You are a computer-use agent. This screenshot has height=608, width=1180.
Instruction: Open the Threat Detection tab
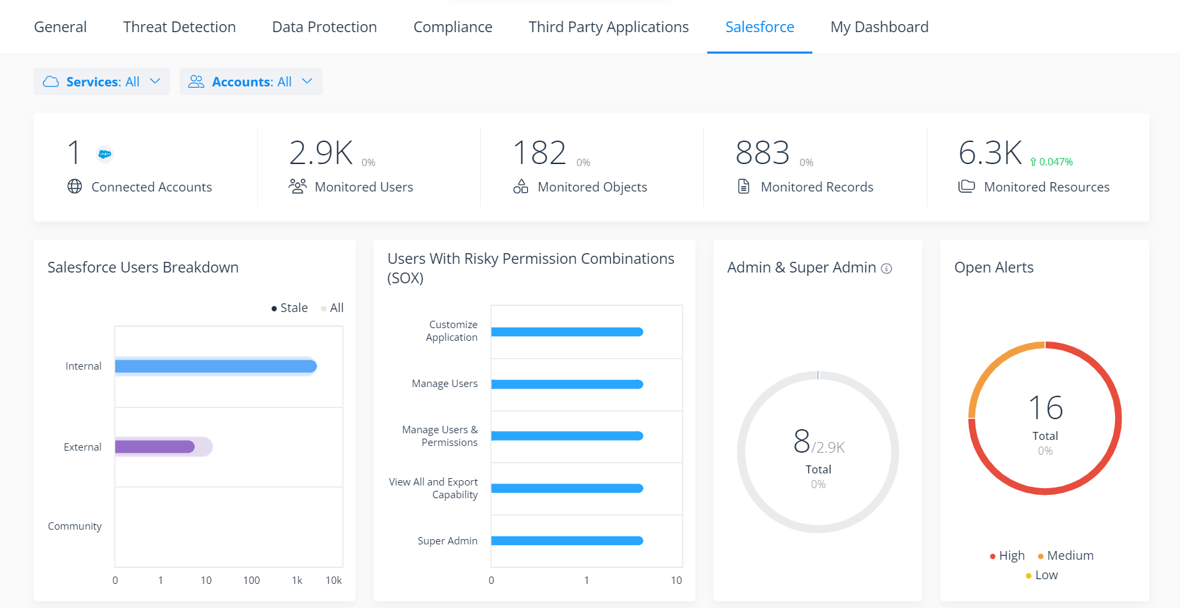(x=179, y=27)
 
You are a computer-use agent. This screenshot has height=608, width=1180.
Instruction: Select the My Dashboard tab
(x=879, y=27)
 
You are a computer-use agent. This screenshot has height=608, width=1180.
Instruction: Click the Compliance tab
(x=453, y=27)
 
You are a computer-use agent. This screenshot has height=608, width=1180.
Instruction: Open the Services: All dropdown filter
(x=102, y=82)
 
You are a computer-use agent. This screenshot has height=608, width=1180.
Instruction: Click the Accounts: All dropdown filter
(x=250, y=82)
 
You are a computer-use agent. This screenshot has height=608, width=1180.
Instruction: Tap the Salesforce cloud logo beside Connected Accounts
(x=104, y=154)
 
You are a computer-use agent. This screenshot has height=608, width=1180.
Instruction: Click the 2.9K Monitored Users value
(x=321, y=153)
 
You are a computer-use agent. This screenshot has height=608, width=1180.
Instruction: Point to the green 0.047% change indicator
(x=1052, y=162)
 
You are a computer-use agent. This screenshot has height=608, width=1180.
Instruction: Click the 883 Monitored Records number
(x=762, y=153)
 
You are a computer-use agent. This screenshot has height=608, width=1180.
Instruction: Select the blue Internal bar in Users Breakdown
(x=216, y=366)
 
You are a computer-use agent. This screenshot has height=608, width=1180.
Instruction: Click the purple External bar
(x=155, y=447)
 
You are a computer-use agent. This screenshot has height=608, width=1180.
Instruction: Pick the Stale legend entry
(x=289, y=308)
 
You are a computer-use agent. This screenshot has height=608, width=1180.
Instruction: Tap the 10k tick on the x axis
(x=334, y=581)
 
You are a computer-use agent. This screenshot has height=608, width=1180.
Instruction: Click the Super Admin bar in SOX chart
(x=567, y=541)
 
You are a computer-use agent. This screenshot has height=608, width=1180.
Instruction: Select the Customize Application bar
(x=567, y=332)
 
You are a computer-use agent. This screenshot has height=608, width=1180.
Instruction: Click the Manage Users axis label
(x=445, y=384)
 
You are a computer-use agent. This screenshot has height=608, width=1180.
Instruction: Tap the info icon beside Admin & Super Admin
(x=887, y=269)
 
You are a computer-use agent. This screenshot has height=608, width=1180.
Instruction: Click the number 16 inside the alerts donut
(x=1045, y=408)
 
